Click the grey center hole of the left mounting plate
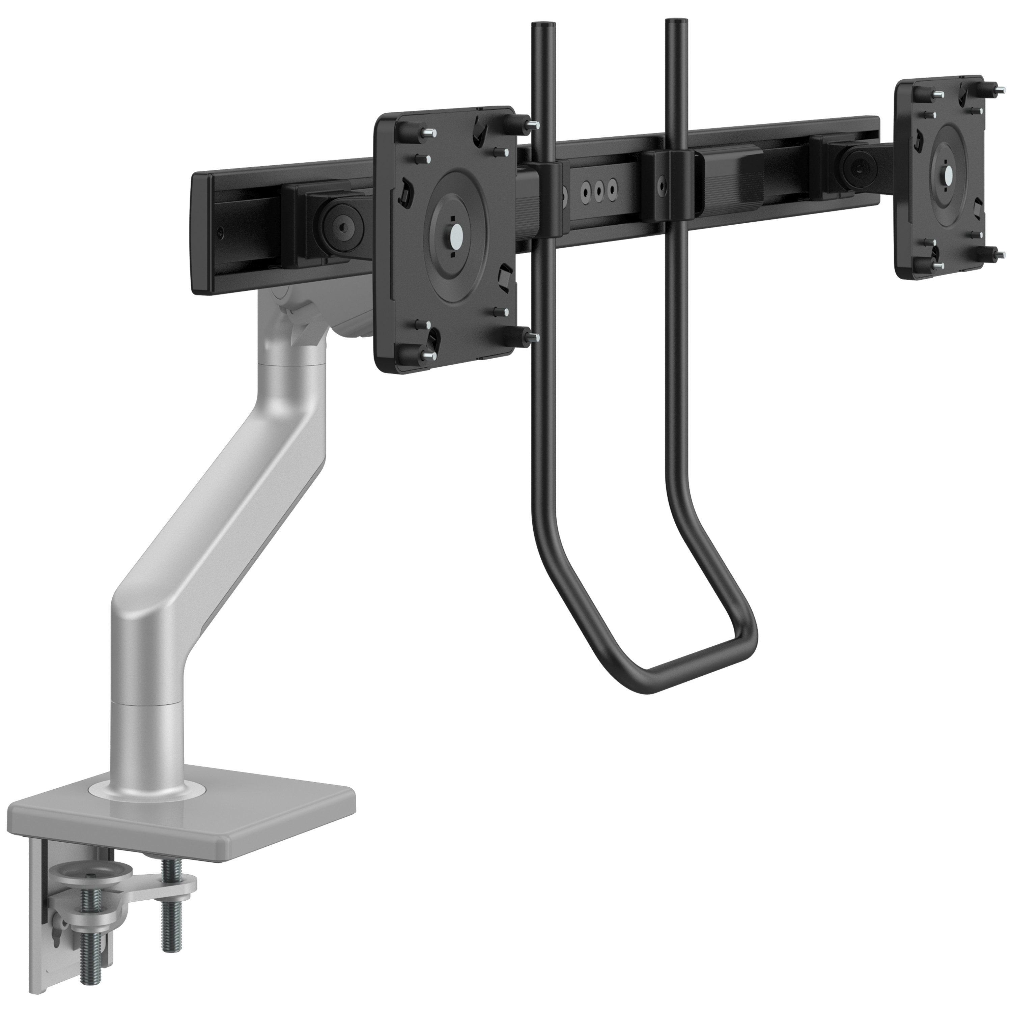pyautogui.click(x=454, y=234)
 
